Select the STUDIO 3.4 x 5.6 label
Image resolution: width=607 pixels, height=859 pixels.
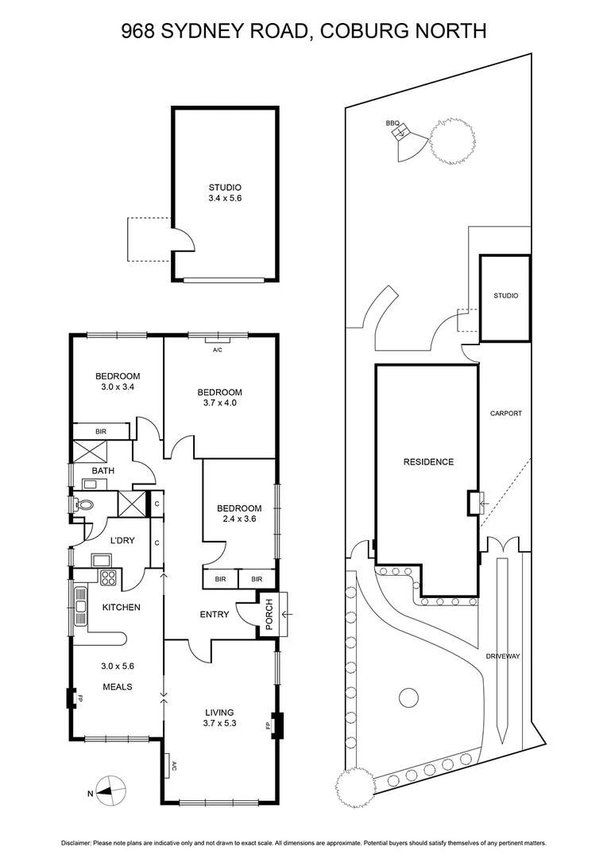[225, 193]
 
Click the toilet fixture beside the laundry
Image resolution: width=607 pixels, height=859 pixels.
[84, 504]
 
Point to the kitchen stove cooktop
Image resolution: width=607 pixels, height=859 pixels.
[107, 577]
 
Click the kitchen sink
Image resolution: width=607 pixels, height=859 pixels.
[80, 608]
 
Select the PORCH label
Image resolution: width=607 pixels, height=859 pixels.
[269, 614]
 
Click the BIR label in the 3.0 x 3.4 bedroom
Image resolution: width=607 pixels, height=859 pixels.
[101, 431]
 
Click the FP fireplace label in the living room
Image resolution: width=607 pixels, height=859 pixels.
[268, 725]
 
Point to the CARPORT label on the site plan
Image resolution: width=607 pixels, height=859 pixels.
[505, 414]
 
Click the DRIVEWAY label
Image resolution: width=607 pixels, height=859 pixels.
[503, 656]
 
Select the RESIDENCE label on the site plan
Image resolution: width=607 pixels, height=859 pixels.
[428, 462]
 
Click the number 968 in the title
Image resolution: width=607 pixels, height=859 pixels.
[137, 32]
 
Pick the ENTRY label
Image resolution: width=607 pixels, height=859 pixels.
[215, 614]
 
